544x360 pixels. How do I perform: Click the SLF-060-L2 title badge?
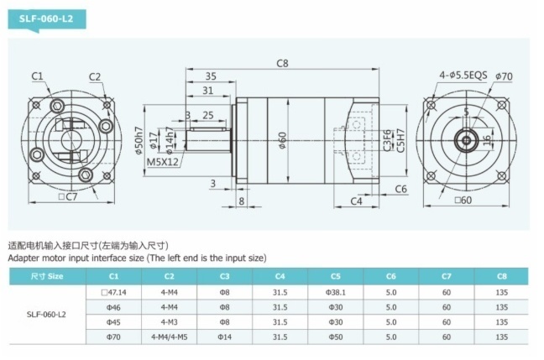coord(47,18)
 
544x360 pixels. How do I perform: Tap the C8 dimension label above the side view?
coord(282,64)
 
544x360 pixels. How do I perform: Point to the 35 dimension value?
coord(211,76)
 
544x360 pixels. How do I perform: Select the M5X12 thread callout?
coord(163,162)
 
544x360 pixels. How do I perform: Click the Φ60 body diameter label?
coord(283,140)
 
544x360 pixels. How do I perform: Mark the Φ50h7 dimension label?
coord(139,141)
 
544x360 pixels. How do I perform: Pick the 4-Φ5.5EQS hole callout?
coord(463,76)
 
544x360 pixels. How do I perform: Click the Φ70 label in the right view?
coord(504,76)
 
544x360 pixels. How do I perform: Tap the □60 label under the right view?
coord(463,200)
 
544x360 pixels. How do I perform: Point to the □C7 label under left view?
coord(68,197)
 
